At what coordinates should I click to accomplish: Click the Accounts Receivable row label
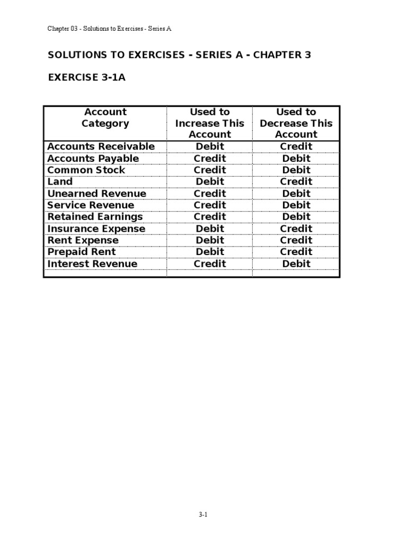point(101,146)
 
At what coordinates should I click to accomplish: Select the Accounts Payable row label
point(93,159)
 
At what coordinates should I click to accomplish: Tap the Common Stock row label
point(86,170)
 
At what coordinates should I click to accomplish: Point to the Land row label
point(60,182)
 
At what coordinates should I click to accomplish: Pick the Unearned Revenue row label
point(96,194)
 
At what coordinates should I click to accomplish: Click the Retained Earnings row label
point(95,217)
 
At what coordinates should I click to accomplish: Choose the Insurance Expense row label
point(96,229)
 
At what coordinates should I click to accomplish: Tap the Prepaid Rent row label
point(82,252)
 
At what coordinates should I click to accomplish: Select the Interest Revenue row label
point(92,264)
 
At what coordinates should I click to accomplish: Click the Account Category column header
point(105,118)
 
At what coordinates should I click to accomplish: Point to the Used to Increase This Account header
point(210,123)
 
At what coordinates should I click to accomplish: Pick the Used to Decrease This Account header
point(296,123)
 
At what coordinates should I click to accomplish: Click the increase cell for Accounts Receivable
point(210,146)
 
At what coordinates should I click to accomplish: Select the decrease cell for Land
point(296,182)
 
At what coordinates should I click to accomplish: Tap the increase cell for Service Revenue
point(210,205)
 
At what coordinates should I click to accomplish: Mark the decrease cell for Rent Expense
point(296,240)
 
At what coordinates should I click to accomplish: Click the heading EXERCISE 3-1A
point(87,78)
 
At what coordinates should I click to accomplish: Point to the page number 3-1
point(203,514)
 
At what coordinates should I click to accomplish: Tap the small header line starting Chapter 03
point(110,29)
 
